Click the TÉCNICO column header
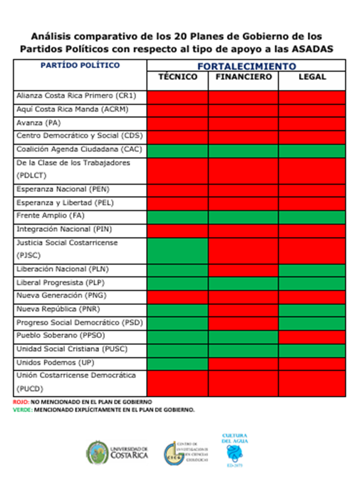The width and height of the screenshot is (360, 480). click(177, 77)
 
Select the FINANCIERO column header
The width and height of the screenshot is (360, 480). click(243, 77)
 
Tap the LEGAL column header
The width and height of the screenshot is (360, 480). click(312, 77)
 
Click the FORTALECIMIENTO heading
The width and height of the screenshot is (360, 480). click(246, 66)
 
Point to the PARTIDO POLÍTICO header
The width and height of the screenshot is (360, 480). click(80, 65)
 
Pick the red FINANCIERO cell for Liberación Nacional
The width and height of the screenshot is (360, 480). click(243, 269)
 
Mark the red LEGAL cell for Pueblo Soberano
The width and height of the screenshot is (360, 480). click(312, 335)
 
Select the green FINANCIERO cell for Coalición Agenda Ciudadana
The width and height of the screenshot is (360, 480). click(243, 149)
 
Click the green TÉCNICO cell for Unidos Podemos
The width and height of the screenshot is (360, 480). click(177, 362)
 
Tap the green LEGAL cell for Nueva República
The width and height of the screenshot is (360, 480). click(312, 309)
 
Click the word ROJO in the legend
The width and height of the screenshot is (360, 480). click(20, 401)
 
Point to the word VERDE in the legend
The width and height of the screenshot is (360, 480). click(23, 409)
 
